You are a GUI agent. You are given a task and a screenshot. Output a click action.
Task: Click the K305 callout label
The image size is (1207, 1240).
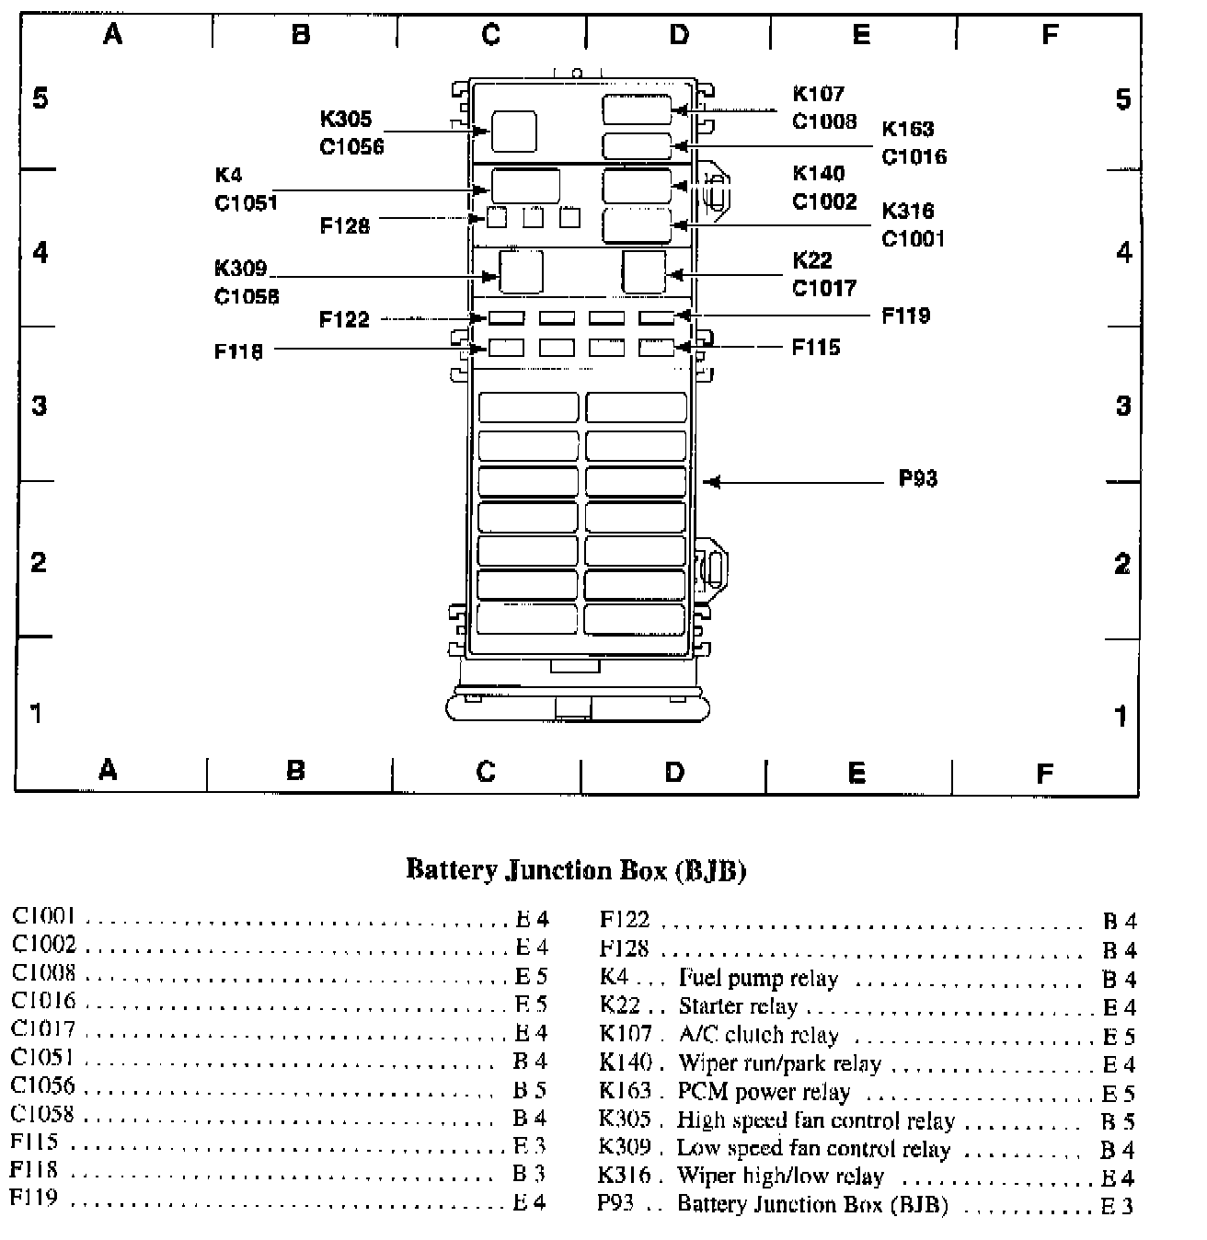pos(346,119)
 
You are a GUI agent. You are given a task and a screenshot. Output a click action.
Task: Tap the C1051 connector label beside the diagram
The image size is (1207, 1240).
pos(246,203)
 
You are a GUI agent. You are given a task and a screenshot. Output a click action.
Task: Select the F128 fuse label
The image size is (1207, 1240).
pos(344,226)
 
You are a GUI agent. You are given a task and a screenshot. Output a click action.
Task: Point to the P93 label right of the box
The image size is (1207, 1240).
pos(917,479)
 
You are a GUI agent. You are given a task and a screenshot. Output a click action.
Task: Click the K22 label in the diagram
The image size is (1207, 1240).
pos(812,261)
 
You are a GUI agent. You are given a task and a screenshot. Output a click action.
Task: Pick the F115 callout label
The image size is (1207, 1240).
pos(816,348)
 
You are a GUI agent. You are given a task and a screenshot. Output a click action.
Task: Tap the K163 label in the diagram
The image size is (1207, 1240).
pos(908,130)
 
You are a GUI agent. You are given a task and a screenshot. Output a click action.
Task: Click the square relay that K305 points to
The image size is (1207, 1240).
pos(513,131)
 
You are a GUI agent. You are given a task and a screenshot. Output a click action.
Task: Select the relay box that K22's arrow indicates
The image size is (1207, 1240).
pos(644,272)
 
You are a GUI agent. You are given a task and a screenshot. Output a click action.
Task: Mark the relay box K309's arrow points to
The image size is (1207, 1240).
pos(521,272)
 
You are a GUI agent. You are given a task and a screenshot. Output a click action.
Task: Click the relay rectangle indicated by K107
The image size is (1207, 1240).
pos(637,109)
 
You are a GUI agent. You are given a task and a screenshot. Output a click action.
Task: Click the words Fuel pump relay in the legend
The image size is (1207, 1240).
pos(758,979)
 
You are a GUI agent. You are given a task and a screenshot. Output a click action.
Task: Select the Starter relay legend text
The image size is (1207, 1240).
pos(738,1006)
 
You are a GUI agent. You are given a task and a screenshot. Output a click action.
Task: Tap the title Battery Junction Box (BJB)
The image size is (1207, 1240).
pos(576,870)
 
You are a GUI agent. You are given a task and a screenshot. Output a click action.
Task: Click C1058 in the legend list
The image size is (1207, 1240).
pos(42,1115)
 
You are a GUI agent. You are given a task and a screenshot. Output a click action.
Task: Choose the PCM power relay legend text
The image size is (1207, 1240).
pos(764,1092)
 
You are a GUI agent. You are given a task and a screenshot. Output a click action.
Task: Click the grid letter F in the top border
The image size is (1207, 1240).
pos(1050,35)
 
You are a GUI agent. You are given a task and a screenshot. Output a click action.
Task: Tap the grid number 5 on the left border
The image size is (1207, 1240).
pos(40,98)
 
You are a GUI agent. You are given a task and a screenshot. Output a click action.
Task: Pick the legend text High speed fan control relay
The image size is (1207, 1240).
pos(815,1120)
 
